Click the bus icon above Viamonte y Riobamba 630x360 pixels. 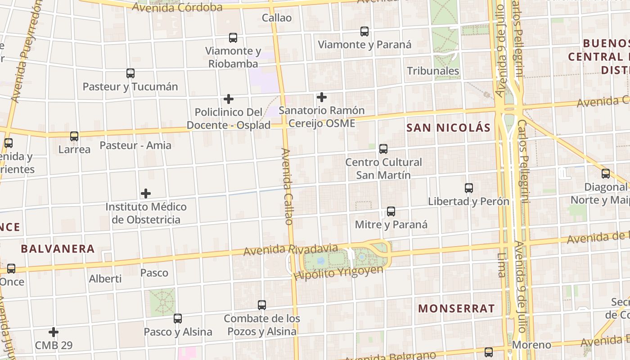coord(233,38)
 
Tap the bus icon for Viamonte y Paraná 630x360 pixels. coord(364,31)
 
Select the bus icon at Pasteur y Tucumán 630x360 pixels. coord(130,73)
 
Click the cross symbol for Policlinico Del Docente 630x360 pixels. coord(229,99)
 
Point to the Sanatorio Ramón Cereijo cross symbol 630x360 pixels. coord(321,97)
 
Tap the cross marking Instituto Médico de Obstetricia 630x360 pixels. coord(146,193)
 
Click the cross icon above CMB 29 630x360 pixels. coord(54,332)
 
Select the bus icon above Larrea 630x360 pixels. coord(74,136)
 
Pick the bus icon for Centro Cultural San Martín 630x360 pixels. coord(383,148)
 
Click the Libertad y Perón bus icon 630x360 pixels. coord(469,188)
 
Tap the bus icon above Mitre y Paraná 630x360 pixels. coord(391,211)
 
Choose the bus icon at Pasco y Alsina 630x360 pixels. coord(178,319)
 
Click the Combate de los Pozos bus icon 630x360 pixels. coord(262,305)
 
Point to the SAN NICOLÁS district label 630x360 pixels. coord(448,128)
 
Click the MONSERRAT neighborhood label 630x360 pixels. coord(456,309)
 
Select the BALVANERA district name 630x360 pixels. coord(58,249)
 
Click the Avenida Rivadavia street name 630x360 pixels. coord(290,249)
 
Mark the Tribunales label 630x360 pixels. coord(433,71)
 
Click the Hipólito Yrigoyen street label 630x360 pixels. coord(338,272)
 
